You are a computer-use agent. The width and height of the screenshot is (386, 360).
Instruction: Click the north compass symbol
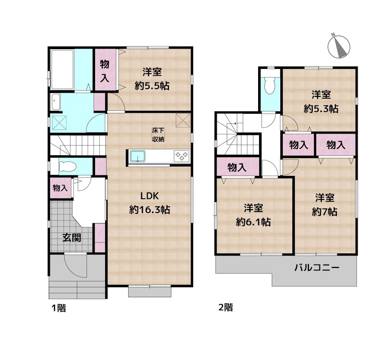339,46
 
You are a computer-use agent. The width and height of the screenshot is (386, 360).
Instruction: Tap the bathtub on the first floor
62,70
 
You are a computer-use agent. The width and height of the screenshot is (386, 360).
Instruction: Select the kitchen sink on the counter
138,157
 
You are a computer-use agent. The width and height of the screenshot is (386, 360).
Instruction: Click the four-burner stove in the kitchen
181,156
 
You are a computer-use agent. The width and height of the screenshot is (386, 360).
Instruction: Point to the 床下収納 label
158,135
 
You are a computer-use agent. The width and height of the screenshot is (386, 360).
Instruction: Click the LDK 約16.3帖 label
150,203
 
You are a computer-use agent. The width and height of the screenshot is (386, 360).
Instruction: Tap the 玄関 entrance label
71,238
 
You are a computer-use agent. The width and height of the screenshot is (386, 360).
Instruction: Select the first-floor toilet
67,166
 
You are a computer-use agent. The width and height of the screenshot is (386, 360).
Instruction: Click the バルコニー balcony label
317,267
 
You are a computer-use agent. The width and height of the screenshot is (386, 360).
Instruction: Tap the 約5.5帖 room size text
152,86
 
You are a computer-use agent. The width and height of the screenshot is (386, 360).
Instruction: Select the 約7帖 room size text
325,212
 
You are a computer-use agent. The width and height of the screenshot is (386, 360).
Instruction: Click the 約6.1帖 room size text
253,222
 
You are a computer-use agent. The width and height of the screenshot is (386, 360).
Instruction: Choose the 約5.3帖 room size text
321,108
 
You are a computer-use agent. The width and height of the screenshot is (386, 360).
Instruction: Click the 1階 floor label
58,308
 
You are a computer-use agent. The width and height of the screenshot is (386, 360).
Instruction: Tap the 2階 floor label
225,307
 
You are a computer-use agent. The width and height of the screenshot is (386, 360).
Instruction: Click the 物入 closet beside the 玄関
60,188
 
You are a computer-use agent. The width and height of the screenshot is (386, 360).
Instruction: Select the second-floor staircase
237,134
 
